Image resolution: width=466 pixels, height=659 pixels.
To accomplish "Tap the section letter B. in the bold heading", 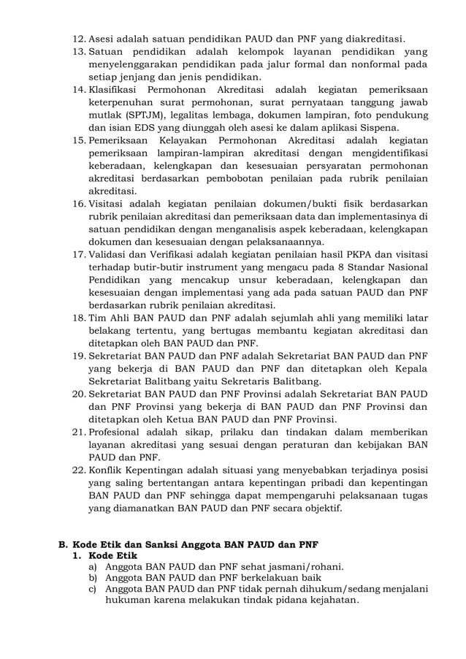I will point(64,545).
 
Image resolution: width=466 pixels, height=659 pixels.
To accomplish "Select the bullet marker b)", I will point(93,576).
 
